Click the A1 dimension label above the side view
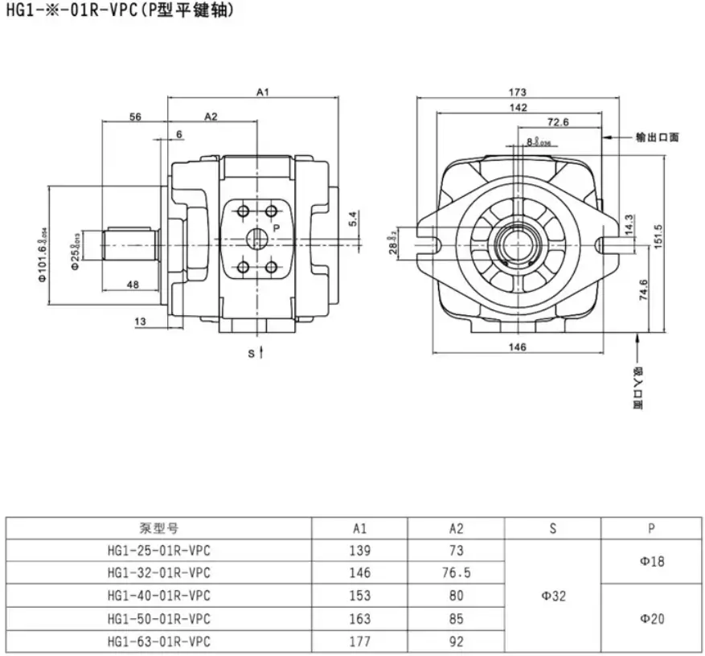[262, 92]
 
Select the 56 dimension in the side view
[134, 117]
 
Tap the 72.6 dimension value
[558, 122]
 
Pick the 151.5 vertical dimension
[658, 236]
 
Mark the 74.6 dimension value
[642, 289]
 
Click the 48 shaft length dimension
[133, 284]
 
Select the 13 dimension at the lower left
[141, 322]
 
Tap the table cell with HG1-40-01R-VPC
[158, 596]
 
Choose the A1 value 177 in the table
[359, 642]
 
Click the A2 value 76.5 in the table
[456, 573]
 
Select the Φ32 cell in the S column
[552, 596]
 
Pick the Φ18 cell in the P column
[652, 562]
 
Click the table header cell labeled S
[552, 528]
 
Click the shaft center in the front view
[517, 239]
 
